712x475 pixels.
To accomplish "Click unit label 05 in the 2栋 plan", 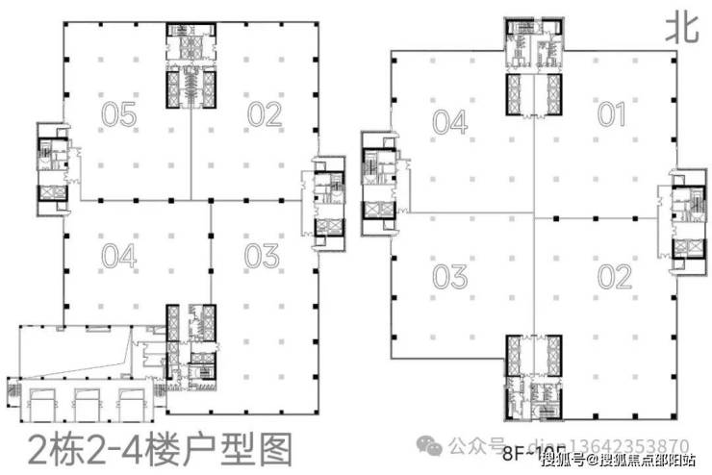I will coord(119,115).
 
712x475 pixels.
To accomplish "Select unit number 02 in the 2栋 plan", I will coord(264,115).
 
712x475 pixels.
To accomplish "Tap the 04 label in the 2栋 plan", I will coord(119,257).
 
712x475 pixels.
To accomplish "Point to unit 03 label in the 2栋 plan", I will coord(262,257).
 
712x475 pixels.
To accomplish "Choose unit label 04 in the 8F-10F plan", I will coord(449,122).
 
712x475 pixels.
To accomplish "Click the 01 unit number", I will coord(612,115).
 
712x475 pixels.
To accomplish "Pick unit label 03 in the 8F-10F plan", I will coord(449,277).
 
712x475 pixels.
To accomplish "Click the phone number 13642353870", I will coord(635,445).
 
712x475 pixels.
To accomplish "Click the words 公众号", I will coord(472,446).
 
